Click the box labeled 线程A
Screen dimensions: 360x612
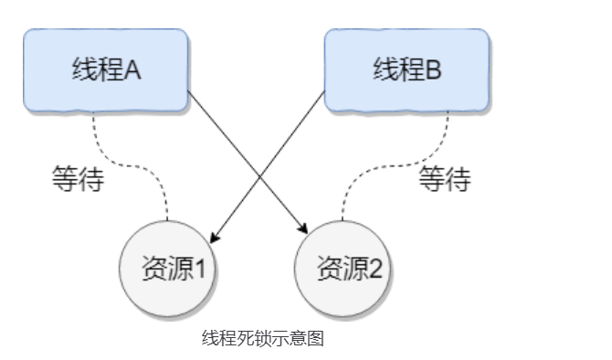click(106, 69)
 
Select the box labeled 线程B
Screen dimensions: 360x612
click(406, 69)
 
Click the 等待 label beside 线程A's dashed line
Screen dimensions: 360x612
click(78, 178)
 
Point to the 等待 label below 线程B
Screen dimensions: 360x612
click(445, 178)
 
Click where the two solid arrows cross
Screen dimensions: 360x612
click(259, 175)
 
